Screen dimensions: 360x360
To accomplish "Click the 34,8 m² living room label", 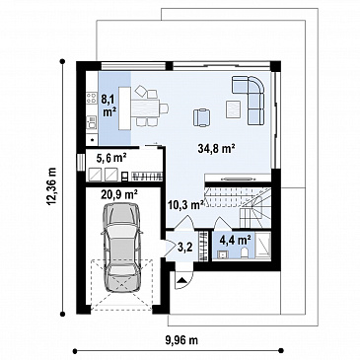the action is click(216, 149).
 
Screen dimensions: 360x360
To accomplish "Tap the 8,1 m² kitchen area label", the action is click(109, 106).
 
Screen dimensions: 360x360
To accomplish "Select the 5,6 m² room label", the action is click(111, 159).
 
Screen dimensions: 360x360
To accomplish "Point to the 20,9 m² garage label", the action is click(119, 195).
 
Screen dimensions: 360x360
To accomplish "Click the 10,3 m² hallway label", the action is click(185, 205).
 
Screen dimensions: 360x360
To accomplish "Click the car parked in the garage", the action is click(121, 248).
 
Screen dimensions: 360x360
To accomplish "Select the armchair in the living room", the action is click(202, 117).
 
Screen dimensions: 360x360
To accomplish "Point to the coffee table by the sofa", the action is click(234, 109).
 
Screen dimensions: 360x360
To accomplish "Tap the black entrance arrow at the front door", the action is click(182, 280).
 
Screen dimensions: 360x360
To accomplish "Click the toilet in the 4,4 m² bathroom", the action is click(245, 253).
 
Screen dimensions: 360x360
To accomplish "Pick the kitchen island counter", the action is click(124, 108).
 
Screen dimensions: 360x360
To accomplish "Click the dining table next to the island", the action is click(145, 108).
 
